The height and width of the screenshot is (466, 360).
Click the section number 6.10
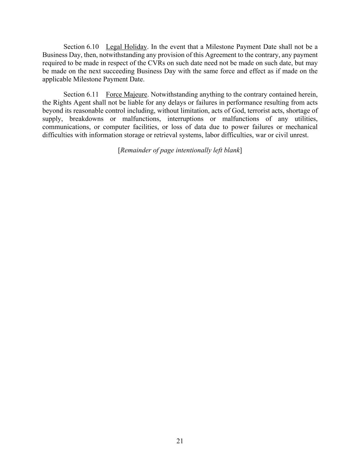pos(92,47)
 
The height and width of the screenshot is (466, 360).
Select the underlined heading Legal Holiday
pos(126,47)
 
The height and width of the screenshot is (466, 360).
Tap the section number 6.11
pos(92,95)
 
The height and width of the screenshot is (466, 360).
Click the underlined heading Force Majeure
pos(126,95)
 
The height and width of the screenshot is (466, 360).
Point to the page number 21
pos(180,441)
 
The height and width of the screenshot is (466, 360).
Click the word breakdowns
pos(86,119)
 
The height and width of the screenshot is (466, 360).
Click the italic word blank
pos(231,150)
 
